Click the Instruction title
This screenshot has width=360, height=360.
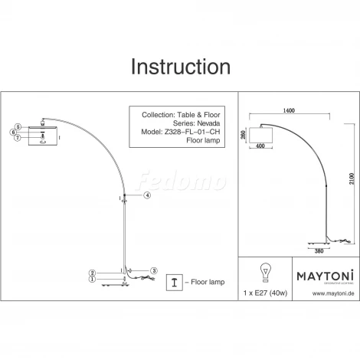[181, 67]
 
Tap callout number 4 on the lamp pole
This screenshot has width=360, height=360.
[147, 195]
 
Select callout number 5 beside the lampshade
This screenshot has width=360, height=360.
[18, 127]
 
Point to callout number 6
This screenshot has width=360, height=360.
[14, 133]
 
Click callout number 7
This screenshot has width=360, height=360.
[18, 138]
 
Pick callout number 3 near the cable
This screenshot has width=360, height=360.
[153, 270]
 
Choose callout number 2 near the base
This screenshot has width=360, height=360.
[93, 273]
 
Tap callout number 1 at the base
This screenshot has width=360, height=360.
[93, 280]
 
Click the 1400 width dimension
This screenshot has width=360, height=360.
[289, 110]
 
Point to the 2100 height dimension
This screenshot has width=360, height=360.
[352, 178]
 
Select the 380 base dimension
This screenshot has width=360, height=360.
[319, 251]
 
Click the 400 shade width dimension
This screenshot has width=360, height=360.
[260, 146]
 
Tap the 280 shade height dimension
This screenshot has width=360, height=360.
[243, 135]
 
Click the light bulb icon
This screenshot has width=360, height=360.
[266, 273]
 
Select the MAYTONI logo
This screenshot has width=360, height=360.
[326, 276]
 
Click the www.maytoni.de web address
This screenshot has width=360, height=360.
[333, 293]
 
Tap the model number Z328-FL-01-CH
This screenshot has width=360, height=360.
[192, 132]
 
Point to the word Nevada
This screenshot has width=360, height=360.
[208, 123]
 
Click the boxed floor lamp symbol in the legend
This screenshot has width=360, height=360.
[175, 283]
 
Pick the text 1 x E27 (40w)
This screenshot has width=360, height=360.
[265, 293]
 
